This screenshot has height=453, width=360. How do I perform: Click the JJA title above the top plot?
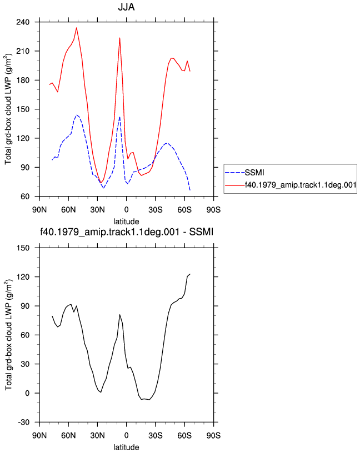[126, 7]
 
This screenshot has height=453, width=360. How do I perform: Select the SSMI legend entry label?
[254, 173]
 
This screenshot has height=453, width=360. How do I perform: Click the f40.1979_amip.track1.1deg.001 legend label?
[301, 185]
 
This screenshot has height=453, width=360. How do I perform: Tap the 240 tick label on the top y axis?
[23, 22]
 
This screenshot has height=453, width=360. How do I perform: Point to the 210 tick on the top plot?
[23, 51]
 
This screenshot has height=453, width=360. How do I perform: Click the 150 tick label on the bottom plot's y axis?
[23, 248]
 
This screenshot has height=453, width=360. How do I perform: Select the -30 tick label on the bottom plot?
[24, 422]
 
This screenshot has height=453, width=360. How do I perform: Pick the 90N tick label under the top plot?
[39, 210]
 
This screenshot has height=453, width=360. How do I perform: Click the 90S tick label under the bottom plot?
[213, 435]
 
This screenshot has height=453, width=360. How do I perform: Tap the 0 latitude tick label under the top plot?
[126, 210]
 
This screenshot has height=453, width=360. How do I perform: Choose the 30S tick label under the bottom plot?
[156, 435]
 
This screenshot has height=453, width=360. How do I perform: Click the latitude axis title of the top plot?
[126, 222]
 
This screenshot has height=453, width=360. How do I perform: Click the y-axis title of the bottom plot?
[8, 335]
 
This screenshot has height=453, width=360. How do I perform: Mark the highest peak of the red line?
[77, 28]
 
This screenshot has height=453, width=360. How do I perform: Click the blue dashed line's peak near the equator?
[119, 117]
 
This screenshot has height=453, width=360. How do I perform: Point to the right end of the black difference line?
[190, 274]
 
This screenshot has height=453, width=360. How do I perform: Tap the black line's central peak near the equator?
[119, 315]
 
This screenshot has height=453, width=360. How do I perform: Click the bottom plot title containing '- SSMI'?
[126, 231]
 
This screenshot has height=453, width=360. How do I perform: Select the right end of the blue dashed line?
[190, 190]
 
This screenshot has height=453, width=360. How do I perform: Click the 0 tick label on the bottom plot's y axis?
[27, 393]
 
